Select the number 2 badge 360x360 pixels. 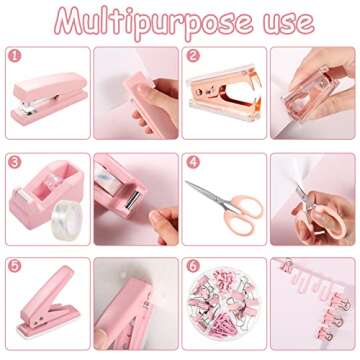pyautogui.click(x=193, y=56)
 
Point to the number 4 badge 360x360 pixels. pyautogui.click(x=193, y=161)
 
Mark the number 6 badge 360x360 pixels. pyautogui.click(x=193, y=266)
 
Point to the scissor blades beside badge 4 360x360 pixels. pyautogui.click(x=208, y=187)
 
